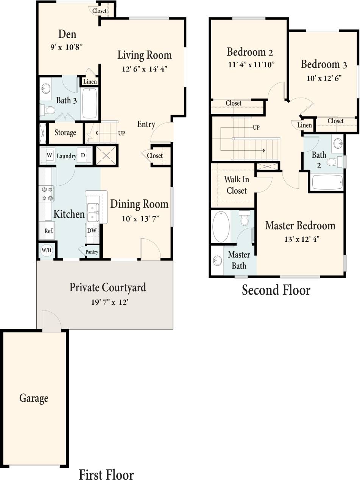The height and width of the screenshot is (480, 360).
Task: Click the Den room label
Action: [x=67, y=34]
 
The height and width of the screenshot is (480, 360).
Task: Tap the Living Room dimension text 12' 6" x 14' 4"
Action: [x=144, y=68]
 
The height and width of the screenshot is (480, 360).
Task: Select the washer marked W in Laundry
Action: [x=49, y=155]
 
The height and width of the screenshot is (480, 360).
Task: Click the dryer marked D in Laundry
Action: [x=83, y=155]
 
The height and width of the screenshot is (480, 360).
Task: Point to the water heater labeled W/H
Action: [x=46, y=251]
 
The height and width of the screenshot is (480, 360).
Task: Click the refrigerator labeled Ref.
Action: [x=48, y=231]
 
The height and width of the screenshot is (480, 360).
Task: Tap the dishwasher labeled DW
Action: [x=92, y=230]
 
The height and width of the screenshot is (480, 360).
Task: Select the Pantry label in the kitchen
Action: [x=92, y=252]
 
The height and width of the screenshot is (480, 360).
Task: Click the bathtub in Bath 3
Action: [x=90, y=103]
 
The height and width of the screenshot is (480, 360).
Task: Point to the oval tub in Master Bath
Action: [x=221, y=227]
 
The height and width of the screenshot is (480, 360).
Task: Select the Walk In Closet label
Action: [x=237, y=185]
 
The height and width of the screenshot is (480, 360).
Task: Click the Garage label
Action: [x=34, y=398]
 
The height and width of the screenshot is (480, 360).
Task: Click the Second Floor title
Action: [x=276, y=290]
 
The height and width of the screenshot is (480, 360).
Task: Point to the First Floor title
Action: [x=106, y=474]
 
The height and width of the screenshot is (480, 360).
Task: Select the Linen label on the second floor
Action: [x=305, y=125]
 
